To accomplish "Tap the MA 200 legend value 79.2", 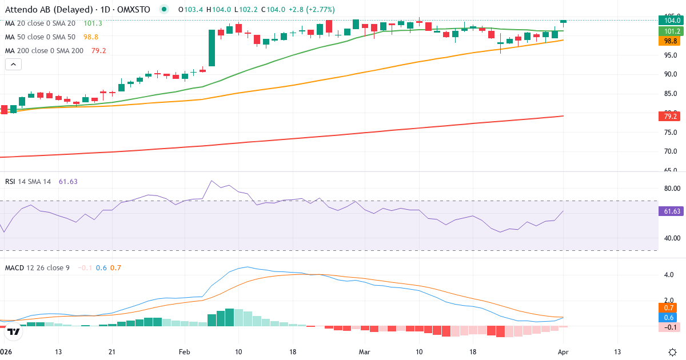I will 98,50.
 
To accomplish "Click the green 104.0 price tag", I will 669,20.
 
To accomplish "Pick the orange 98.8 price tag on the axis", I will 669,41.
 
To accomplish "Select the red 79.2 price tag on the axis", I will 669,117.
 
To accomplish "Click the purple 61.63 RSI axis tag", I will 671,211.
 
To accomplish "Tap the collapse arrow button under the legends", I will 13,65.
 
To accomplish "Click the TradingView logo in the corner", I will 13,331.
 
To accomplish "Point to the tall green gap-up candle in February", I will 212,48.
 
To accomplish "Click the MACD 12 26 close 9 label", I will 37,267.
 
